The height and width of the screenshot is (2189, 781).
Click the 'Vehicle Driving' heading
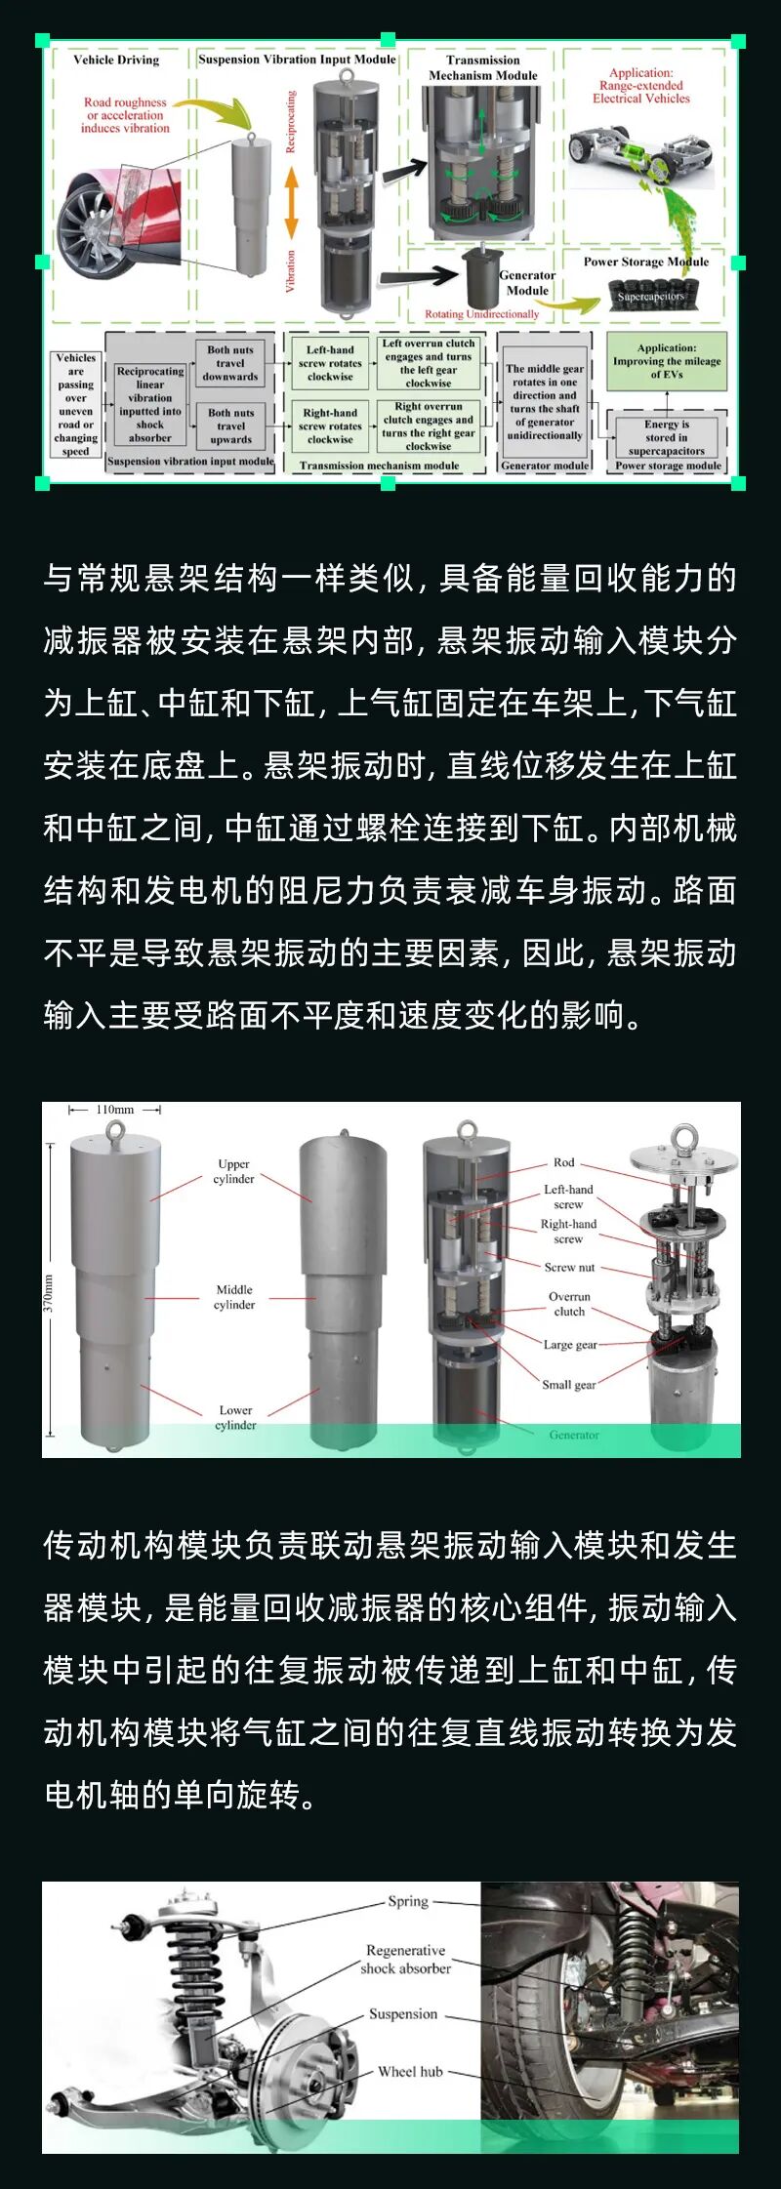116,60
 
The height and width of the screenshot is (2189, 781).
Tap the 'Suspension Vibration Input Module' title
297,60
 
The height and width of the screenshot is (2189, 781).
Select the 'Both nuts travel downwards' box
230,363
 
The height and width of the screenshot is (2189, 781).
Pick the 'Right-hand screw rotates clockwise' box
330,426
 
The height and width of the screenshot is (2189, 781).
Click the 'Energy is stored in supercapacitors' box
667,437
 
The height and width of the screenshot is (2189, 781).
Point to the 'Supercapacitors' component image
651,296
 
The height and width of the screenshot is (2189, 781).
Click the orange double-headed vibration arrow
291,203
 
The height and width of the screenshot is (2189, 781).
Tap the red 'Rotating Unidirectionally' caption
481,314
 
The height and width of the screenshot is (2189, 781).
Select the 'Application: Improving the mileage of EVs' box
667,361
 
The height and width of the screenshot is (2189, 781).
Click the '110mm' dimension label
115,1110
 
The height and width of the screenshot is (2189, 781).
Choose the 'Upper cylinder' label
234,1171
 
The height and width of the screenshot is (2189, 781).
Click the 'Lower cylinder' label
235,1417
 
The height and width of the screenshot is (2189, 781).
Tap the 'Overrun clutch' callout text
569,1304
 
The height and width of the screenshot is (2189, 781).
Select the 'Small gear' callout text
569,1384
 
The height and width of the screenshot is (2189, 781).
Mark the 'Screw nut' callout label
569,1267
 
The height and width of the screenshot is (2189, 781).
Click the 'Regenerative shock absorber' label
406,1959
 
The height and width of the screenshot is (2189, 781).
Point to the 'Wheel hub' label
410,2071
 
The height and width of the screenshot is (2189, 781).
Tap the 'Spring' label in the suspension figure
408,1900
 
